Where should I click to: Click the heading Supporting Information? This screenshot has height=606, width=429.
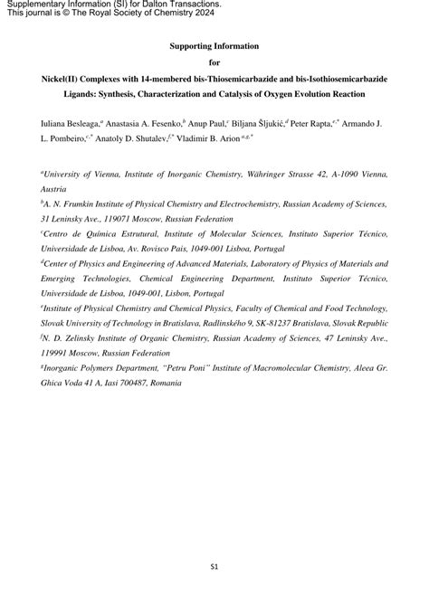click(x=214, y=45)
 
